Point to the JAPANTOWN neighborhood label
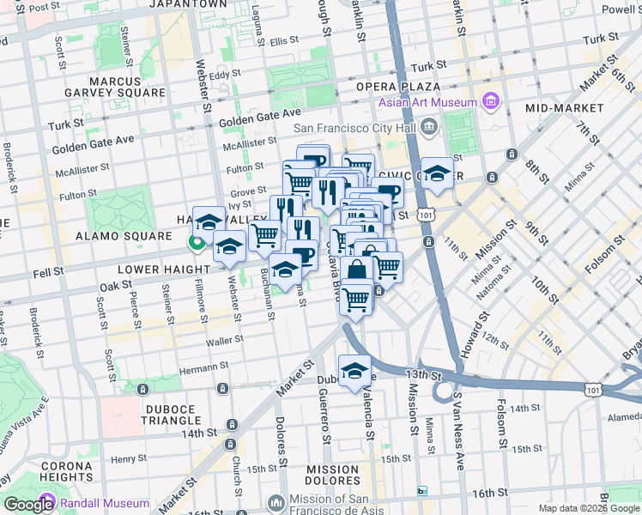[x=191, y=4]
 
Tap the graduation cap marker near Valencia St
[x=354, y=371]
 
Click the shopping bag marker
[x=356, y=269]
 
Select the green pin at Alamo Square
[x=196, y=244]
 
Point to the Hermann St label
[x=203, y=366]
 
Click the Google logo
[x=28, y=505]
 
